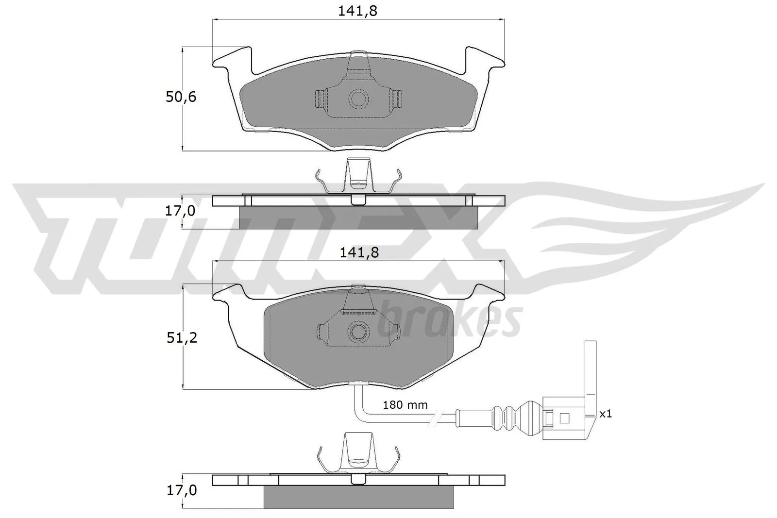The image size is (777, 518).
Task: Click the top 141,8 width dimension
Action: (x=357, y=12)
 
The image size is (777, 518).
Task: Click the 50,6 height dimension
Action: (x=181, y=97)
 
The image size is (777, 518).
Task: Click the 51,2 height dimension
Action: (x=182, y=338)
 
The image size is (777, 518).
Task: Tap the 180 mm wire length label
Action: (x=405, y=404)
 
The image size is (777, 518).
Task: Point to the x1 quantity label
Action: (x=605, y=414)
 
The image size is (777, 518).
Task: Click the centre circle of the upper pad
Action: (x=359, y=99)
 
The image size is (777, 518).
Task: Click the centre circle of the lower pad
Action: (x=359, y=332)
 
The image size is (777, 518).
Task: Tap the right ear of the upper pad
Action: (x=485, y=58)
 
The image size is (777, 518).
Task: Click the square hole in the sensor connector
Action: (x=564, y=418)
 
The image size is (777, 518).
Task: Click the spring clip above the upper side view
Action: (x=358, y=177)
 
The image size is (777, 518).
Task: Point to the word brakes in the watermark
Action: (x=449, y=320)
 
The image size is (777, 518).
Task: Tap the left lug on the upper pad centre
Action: (x=320, y=99)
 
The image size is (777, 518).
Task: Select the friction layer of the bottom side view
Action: (x=358, y=497)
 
